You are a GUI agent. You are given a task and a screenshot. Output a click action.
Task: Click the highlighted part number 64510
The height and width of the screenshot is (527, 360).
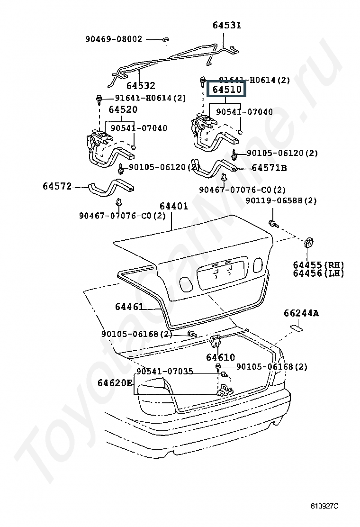(x=227, y=89)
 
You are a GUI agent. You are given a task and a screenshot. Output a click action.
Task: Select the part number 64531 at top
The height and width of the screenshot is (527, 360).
(x=226, y=25)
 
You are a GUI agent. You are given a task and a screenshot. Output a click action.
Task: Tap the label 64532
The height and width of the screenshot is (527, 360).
(x=140, y=86)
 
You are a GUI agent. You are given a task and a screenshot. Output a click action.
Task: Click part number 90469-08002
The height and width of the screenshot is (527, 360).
(x=114, y=39)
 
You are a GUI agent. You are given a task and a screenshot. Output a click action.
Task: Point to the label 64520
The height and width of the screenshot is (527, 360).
(x=123, y=109)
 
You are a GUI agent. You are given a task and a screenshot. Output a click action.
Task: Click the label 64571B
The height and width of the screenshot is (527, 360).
(x=269, y=168)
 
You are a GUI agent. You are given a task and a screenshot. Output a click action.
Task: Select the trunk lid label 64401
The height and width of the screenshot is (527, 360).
(x=174, y=206)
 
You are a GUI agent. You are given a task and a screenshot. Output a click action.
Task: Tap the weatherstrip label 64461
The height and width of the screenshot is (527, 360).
(x=129, y=307)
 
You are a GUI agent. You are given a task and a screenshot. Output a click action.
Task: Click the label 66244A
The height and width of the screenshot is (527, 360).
(x=301, y=313)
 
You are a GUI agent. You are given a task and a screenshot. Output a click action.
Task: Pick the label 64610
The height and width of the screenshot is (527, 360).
(x=220, y=357)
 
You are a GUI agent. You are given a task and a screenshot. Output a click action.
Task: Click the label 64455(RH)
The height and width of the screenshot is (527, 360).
(x=318, y=265)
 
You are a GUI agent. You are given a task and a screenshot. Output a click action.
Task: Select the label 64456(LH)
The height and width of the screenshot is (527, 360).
(x=318, y=273)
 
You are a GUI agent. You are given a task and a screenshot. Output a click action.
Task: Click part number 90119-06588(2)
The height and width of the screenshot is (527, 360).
(x=281, y=201)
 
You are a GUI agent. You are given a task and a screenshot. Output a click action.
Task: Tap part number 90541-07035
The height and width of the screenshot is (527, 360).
(x=164, y=371)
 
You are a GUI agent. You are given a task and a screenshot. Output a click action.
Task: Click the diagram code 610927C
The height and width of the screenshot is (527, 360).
(x=324, y=506)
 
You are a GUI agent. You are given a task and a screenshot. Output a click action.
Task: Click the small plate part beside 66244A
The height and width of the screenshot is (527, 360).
(x=296, y=327)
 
